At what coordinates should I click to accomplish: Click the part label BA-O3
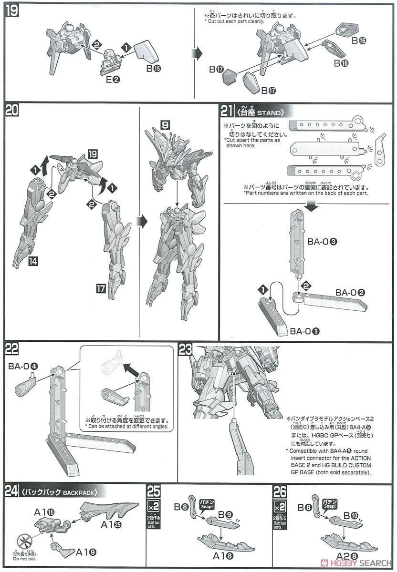pyautogui.click(x=322, y=241)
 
